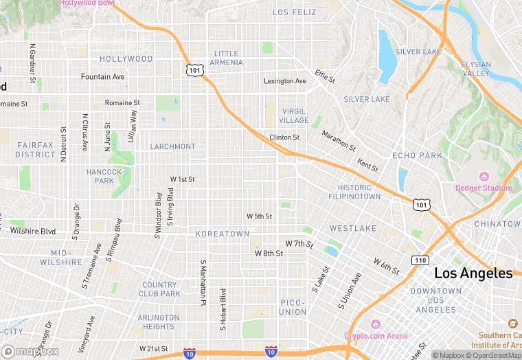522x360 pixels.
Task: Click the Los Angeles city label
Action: coord(473,273)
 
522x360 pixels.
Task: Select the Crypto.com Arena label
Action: coord(376,335)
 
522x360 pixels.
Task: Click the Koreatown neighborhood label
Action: coord(223,234)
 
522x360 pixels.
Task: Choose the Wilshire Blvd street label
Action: coord(28,232)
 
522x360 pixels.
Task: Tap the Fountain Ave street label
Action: coord(103,77)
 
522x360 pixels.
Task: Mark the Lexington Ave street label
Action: coord(285,81)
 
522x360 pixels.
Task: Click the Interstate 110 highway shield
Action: coord(420,260)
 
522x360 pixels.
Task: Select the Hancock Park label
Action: coord(104,176)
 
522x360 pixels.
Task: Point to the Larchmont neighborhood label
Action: coord(172,146)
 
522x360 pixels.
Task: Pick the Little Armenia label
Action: coord(227,58)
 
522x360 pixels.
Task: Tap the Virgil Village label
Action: coord(294,115)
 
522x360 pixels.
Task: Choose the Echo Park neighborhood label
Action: coord(417,155)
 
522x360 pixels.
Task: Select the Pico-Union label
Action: coord(293,307)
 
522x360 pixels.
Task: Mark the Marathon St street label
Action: coord(339,141)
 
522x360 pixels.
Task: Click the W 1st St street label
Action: coord(183,179)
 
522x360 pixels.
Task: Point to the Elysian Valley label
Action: coord(476,69)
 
